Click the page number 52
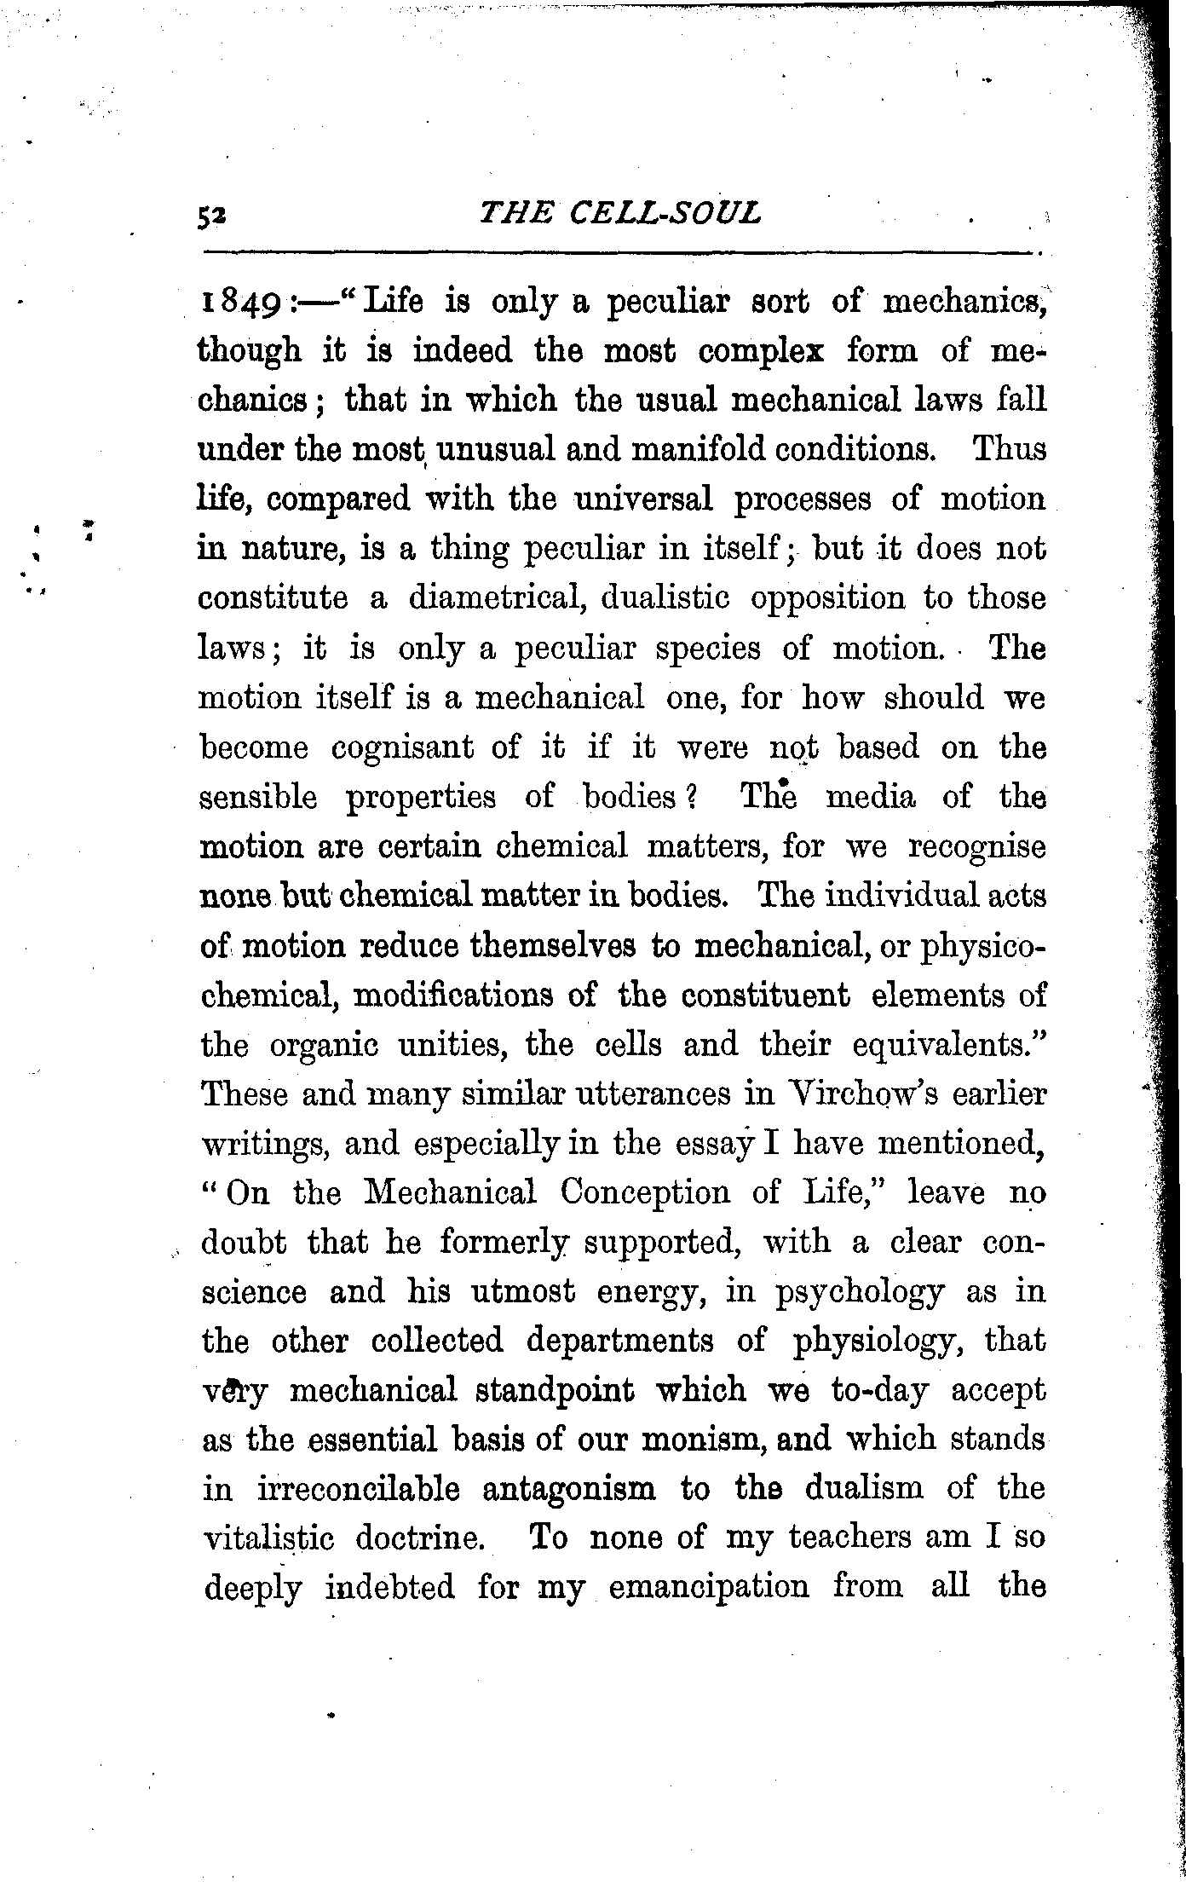click(x=209, y=218)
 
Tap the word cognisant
click(x=402, y=747)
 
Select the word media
click(x=872, y=797)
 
